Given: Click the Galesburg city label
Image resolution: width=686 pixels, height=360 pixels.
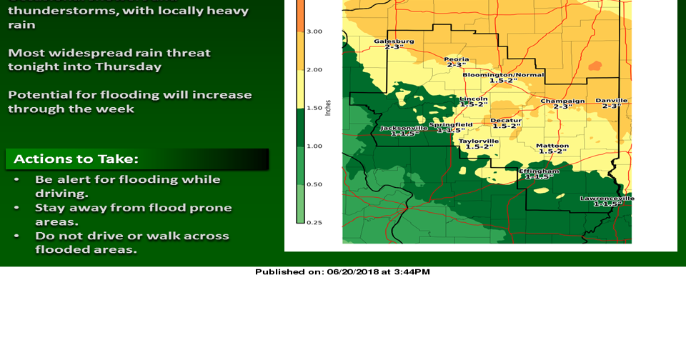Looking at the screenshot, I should [393, 41].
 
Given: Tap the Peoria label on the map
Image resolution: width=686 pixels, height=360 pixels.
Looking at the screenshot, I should [456, 59].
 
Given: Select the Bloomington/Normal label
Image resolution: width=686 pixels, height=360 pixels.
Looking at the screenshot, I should [503, 75].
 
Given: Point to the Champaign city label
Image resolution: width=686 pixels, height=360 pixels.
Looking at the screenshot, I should [562, 101].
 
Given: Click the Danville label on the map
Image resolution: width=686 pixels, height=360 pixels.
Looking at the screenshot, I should [611, 101].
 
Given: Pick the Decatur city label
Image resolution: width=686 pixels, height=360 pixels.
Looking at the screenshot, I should [506, 121].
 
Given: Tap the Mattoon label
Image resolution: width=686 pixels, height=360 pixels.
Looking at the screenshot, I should [552, 146].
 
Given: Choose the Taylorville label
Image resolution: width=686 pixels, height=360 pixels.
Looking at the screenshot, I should [479, 141].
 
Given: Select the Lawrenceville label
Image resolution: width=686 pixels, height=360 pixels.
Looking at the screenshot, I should [607, 199].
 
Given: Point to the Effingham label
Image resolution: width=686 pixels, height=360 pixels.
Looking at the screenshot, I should [539, 171].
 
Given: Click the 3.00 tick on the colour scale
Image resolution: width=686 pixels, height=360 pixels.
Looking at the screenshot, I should [314, 31].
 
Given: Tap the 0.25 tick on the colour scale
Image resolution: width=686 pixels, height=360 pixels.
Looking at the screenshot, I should [314, 222].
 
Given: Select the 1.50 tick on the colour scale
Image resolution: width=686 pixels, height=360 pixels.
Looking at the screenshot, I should [314, 108].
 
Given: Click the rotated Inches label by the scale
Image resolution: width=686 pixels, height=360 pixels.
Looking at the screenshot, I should [328, 107].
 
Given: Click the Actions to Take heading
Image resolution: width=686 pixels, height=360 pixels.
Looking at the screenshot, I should [76, 159].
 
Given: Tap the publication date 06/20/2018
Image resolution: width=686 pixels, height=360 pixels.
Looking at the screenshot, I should [354, 271].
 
